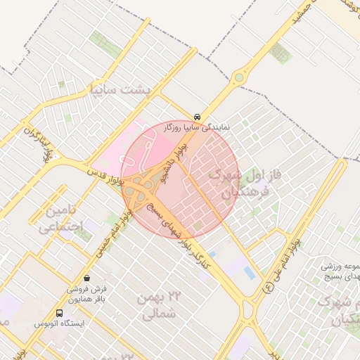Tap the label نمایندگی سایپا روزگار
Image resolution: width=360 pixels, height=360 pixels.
point(197,128)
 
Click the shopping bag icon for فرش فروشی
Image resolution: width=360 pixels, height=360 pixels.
point(86,277)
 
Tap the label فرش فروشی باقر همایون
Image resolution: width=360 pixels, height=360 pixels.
point(86,295)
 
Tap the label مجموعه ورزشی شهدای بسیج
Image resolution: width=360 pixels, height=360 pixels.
point(341,273)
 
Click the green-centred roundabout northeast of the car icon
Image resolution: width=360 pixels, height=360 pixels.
point(239,77)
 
